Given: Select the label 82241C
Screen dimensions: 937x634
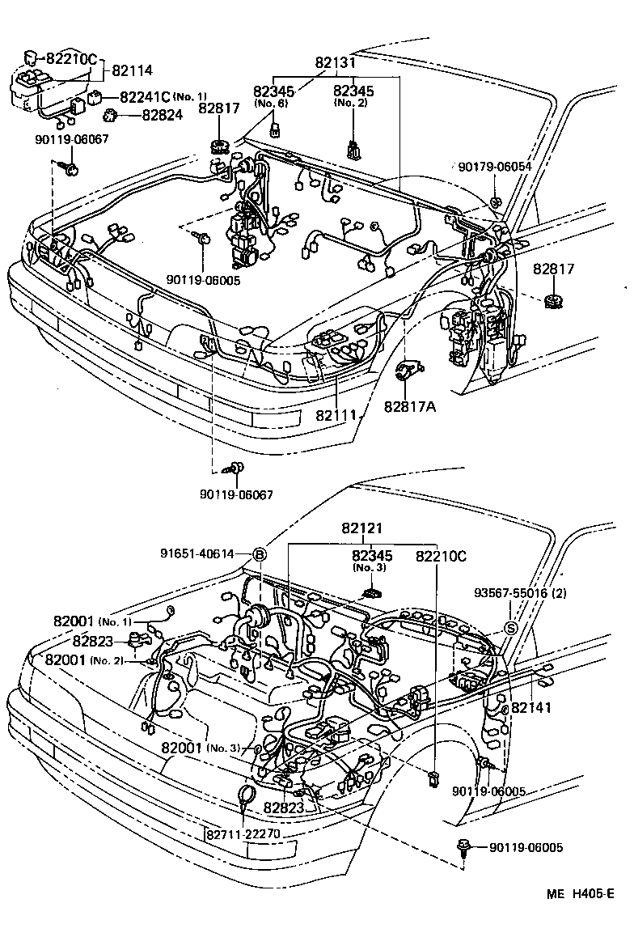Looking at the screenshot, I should pyautogui.click(x=145, y=97).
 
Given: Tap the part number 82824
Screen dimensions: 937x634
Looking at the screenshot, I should pyautogui.click(x=162, y=115).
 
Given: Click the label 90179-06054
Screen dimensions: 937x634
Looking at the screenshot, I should pyautogui.click(x=494, y=166).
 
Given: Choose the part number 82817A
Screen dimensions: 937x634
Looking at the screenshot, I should pyautogui.click(x=409, y=406).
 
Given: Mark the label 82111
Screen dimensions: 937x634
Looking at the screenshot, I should pyautogui.click(x=336, y=414).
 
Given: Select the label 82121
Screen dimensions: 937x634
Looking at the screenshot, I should pyautogui.click(x=361, y=528).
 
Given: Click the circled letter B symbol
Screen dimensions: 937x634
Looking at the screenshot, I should pyautogui.click(x=260, y=554).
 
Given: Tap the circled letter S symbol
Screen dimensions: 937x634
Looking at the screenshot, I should pyautogui.click(x=511, y=628).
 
